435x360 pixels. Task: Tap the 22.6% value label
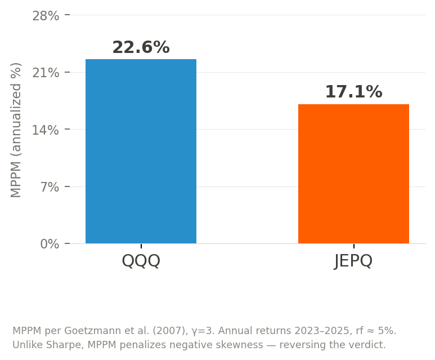coord(141,48)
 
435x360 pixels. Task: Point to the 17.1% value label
coord(353,92)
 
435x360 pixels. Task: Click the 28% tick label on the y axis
coord(46,16)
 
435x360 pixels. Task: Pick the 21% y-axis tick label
coord(46,73)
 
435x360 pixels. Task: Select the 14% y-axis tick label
coord(46,130)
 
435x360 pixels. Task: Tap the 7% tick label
coord(50,187)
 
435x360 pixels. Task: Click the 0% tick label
coord(50,244)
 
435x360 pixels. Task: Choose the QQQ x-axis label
coord(141,261)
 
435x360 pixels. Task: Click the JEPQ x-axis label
coord(353,261)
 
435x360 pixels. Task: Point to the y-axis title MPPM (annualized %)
coord(16,130)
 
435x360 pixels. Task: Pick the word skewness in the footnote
coord(232,345)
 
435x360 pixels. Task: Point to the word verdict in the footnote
coord(368,345)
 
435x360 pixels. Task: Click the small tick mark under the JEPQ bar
coord(353,246)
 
